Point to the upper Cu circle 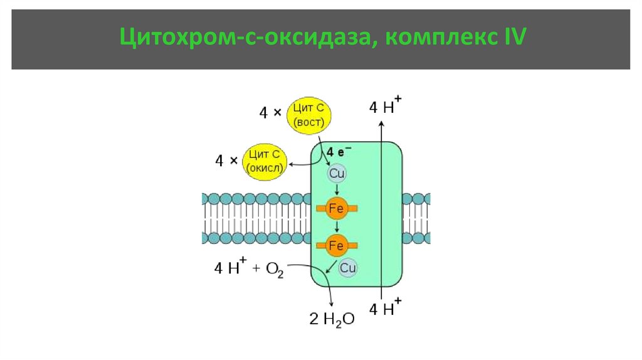click(337, 173)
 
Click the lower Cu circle click(348, 268)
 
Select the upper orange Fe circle click(337, 208)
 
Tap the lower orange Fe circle click(337, 245)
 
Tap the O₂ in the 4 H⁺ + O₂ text click(275, 269)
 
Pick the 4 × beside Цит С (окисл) click(226, 161)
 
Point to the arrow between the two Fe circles click(337, 226)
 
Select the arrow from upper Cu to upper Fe click(337, 189)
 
